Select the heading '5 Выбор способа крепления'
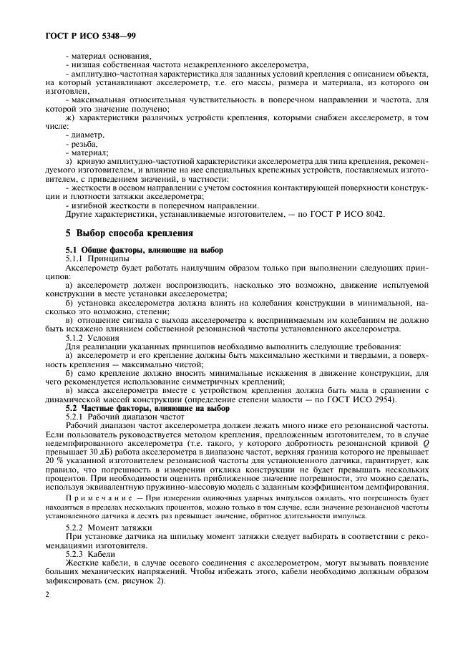pos(127,232)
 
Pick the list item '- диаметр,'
pos(85,135)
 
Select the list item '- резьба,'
pos(83,143)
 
